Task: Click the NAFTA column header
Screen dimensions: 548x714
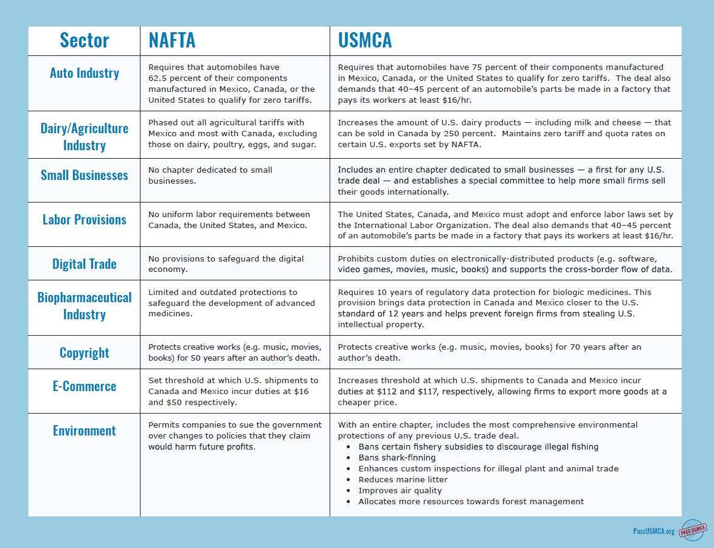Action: tap(172, 40)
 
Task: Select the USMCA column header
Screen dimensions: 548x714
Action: tap(365, 40)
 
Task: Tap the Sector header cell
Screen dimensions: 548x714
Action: tap(84, 40)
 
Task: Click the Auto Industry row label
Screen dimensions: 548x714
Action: tap(84, 73)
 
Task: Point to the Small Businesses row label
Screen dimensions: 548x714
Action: tap(84, 175)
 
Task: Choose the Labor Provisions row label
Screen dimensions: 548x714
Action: tap(84, 220)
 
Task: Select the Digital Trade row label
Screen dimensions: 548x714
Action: tap(84, 264)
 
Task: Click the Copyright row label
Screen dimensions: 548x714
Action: tap(84, 353)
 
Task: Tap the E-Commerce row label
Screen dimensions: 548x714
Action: tap(84, 386)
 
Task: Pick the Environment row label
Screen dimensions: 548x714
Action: tap(84, 431)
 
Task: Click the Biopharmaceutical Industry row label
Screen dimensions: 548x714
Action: tap(84, 306)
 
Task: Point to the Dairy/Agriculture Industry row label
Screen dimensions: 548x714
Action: tap(84, 137)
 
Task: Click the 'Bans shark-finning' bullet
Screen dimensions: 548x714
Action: tap(397, 457)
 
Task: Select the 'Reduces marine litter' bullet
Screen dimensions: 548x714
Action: tap(403, 479)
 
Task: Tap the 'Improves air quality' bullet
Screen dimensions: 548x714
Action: tap(400, 490)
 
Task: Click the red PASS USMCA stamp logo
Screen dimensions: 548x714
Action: tap(692, 530)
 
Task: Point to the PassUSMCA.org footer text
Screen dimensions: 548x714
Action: tap(653, 531)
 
